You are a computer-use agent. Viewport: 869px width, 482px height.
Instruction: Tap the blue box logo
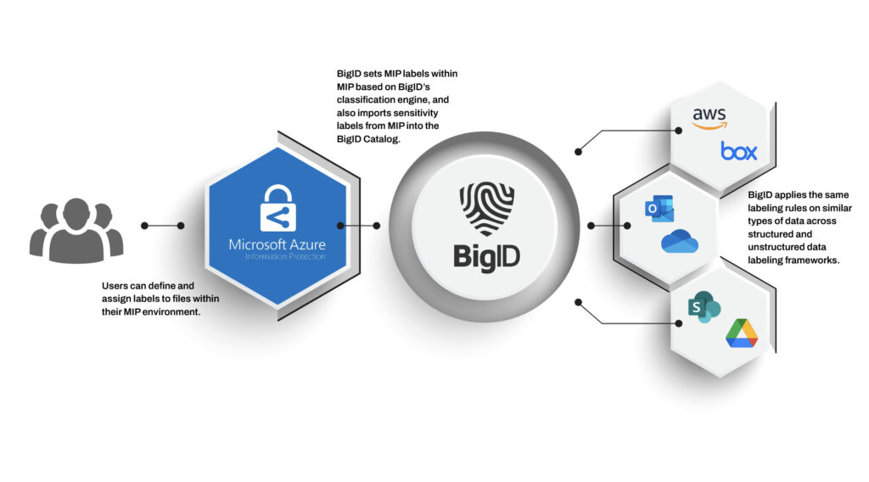738,152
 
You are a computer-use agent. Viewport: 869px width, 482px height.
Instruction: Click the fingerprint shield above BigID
487,208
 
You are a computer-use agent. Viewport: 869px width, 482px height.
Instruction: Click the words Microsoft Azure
276,244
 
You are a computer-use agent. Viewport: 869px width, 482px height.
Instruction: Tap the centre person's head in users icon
76,210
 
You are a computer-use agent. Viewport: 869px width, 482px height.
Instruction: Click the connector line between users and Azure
164,226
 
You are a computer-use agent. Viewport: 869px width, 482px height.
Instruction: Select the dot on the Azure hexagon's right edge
340,226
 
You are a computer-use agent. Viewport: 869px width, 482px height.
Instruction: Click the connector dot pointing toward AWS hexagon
578,152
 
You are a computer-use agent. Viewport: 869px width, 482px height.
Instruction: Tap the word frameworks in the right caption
812,261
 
